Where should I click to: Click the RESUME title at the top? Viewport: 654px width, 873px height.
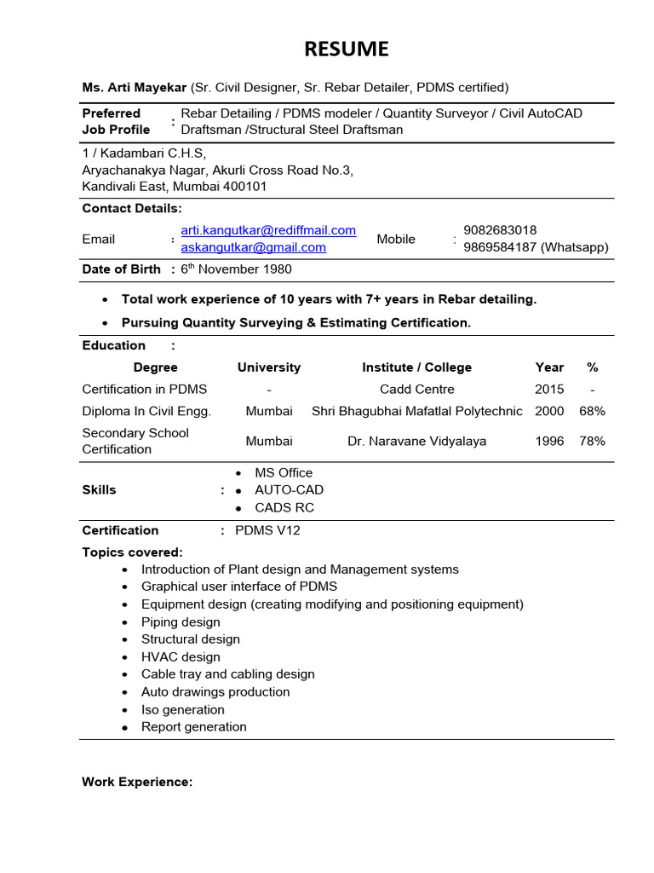(x=346, y=49)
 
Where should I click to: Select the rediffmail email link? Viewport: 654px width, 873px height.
(x=268, y=230)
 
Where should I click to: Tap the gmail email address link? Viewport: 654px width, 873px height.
(x=253, y=247)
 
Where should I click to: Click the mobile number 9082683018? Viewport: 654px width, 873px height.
(x=500, y=230)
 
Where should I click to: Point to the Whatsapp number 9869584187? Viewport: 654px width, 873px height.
(x=500, y=247)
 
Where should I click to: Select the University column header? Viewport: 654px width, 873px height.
(x=269, y=367)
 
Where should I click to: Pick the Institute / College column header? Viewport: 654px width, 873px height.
(x=416, y=367)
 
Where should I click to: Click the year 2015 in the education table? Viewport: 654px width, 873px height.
(x=549, y=389)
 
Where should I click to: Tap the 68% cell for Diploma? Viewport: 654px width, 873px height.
(x=592, y=411)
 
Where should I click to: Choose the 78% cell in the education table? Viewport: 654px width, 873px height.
(x=592, y=441)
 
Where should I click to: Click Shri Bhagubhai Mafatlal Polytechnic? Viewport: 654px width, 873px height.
(x=416, y=411)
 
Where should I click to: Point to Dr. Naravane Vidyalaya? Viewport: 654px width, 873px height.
(x=416, y=441)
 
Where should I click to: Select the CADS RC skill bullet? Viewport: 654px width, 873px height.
(x=284, y=507)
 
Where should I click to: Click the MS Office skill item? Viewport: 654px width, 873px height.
(x=284, y=472)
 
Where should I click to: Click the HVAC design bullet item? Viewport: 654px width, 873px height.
(x=181, y=656)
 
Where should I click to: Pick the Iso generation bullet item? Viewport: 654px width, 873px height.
(x=183, y=709)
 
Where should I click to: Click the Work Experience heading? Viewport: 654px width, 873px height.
(x=137, y=781)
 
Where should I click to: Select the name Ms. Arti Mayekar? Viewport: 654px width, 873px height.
(x=134, y=87)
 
